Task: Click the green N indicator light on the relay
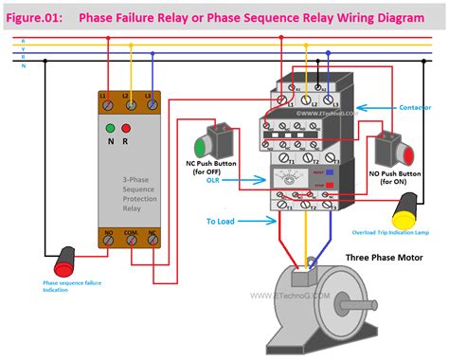tap(110, 129)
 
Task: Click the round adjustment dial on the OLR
tap(288, 179)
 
